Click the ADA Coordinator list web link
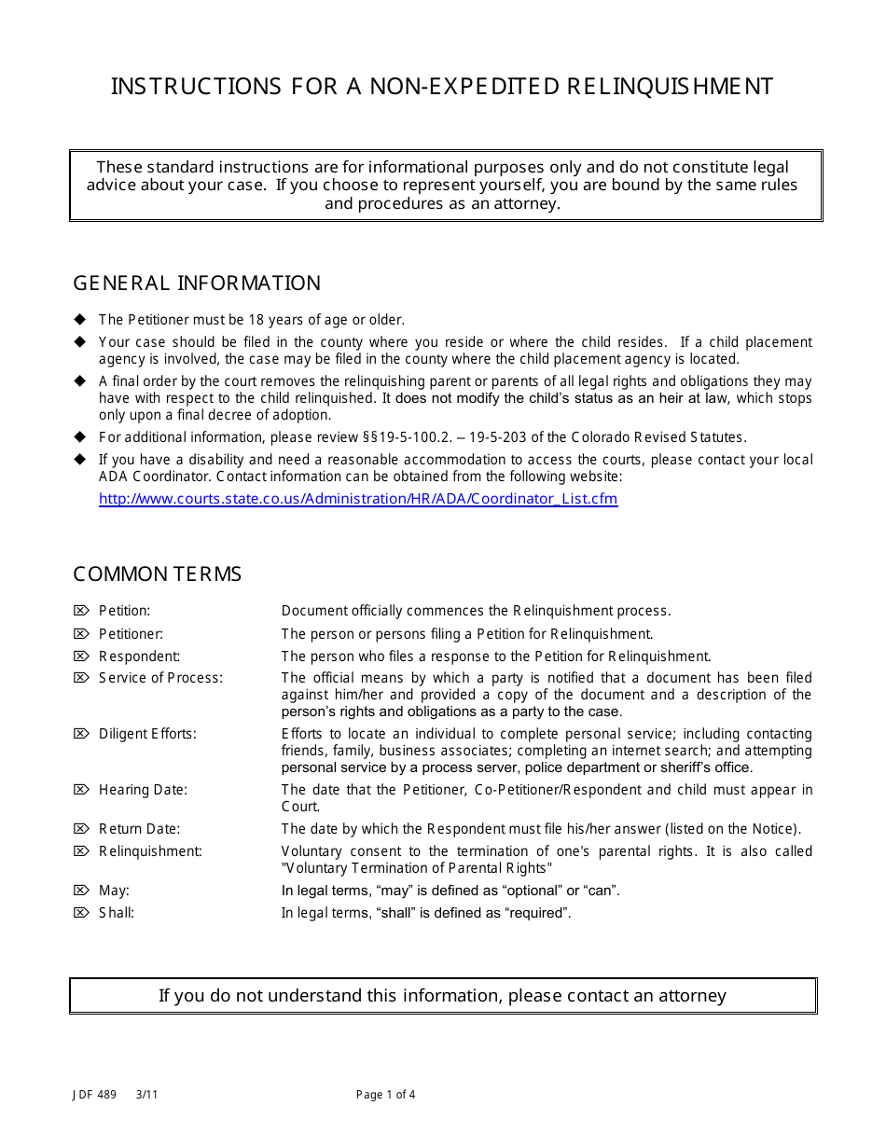(358, 499)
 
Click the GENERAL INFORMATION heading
(197, 283)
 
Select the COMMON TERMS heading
(157, 574)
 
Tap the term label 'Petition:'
(124, 612)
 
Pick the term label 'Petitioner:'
(131, 634)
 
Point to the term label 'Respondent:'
(139, 656)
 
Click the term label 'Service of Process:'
(160, 678)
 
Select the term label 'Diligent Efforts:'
(147, 734)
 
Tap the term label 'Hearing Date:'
(143, 790)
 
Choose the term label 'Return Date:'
(139, 829)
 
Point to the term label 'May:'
(114, 891)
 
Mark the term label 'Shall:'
(117, 913)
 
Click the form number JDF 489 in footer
(91, 1095)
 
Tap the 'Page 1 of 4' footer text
(386, 1095)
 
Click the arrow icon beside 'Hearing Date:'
(81, 790)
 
